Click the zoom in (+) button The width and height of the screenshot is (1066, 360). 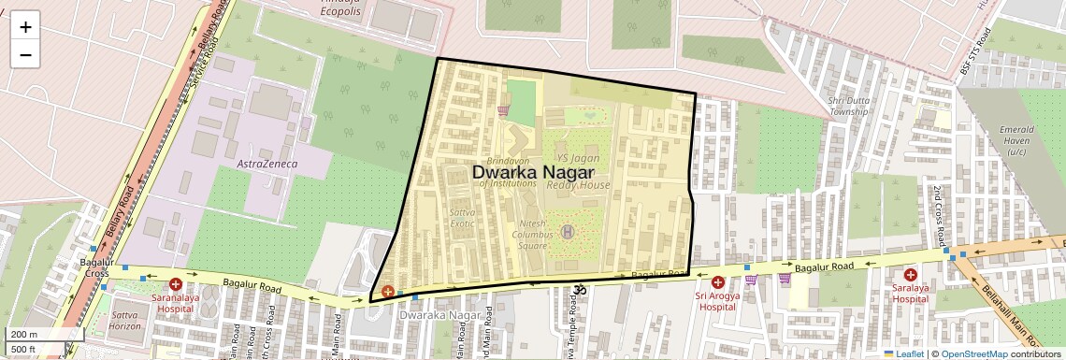coord(25,27)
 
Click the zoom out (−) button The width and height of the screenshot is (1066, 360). coord(25,54)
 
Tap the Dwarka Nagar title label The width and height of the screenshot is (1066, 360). coord(533,172)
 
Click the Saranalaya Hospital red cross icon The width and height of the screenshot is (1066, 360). coord(175,283)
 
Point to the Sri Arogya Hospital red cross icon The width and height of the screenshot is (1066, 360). coord(717,282)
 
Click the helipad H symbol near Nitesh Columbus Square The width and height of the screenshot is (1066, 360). coord(566,231)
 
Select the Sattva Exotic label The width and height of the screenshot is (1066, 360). coord(462,218)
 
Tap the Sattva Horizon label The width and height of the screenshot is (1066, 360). coord(125,320)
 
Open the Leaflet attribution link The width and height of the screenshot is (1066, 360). coord(903,353)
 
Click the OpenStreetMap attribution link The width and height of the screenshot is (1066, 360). coord(973,353)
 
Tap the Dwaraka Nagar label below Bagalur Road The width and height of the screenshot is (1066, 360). coord(439,315)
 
